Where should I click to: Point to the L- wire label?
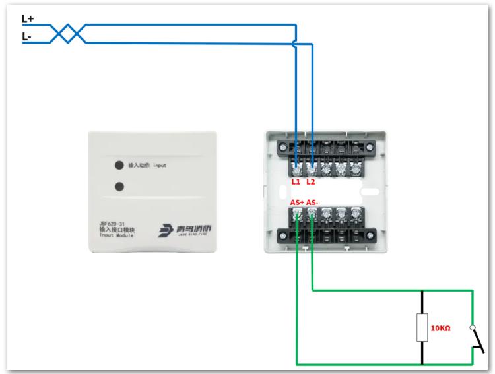coord(27,38)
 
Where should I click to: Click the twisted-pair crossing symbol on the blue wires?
coord(67,34)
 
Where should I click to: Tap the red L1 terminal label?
coord(296,182)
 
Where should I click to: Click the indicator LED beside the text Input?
coord(120,165)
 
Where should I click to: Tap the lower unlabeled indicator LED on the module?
coord(120,186)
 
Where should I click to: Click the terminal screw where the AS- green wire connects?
coord(312,214)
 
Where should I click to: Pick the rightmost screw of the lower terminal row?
coord(356,214)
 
